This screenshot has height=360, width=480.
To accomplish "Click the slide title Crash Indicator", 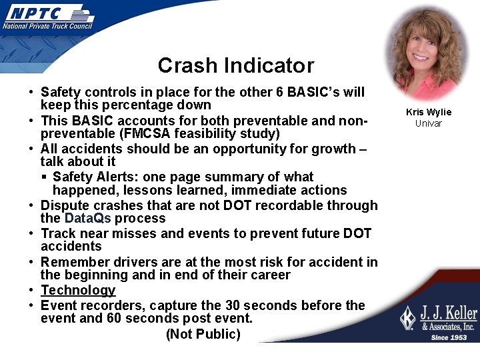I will coord(235,65).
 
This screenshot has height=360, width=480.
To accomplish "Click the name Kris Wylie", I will coord(428,112).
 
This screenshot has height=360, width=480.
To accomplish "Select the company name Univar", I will coord(428,123).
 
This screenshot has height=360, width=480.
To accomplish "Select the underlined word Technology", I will coord(78,290).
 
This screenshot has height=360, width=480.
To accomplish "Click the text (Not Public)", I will coord(203,334).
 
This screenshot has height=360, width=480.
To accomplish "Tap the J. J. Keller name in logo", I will coord(447,313).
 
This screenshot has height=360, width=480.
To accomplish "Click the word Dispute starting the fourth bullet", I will coord(64,205).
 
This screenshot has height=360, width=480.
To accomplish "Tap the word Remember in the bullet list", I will coord(71,262).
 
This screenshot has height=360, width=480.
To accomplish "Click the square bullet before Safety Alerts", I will coord(43,177).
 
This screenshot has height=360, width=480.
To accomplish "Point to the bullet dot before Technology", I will coord(32,291).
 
